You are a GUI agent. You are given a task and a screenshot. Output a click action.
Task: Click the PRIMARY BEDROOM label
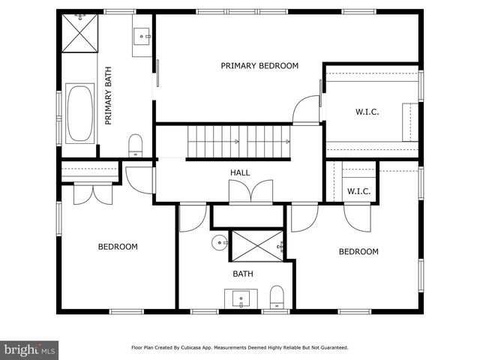[259, 66]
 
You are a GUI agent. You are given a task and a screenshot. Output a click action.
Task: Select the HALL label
[240, 173]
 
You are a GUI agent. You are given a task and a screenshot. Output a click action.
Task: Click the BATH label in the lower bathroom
[242, 274]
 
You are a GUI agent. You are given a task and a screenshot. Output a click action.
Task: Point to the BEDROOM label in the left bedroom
[118, 247]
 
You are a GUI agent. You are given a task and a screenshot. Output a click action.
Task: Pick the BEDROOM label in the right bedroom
[358, 252]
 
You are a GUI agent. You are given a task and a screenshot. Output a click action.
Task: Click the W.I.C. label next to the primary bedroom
[367, 112]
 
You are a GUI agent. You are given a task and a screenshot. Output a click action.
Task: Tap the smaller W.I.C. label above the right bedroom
[359, 191]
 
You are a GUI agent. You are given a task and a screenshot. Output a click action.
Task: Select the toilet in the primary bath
[136, 144]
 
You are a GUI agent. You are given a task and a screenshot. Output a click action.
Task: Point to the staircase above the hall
[238, 141]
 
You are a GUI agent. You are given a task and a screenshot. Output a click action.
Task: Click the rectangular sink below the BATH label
[241, 299]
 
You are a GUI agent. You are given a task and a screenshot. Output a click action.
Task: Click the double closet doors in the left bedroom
[93, 193]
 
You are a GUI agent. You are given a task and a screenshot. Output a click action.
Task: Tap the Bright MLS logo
[30, 349]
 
